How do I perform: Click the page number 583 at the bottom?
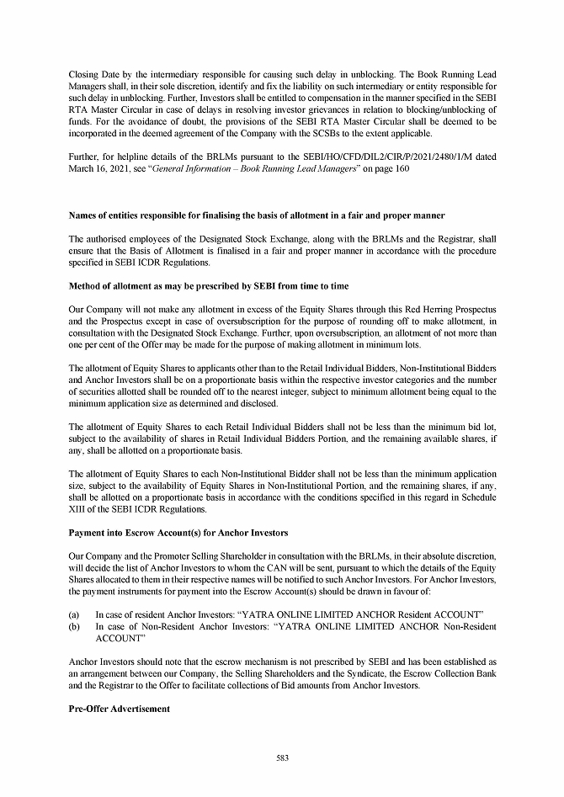tap(282, 758)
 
